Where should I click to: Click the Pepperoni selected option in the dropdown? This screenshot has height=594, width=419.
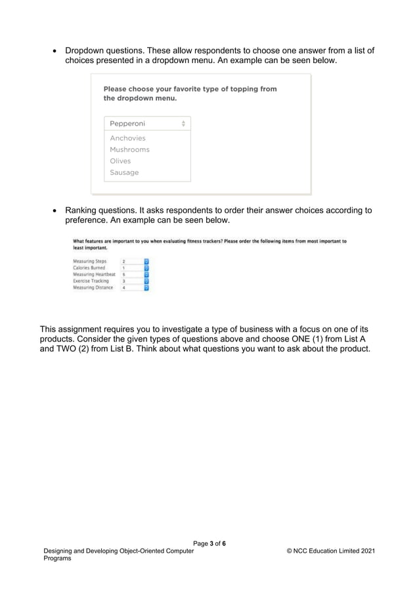pos(127,124)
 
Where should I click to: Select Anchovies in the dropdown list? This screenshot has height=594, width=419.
pos(127,138)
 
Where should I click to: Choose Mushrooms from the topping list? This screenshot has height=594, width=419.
pos(129,149)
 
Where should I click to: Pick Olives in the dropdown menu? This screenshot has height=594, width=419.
pos(120,161)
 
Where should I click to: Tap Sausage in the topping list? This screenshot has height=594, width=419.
pos(124,172)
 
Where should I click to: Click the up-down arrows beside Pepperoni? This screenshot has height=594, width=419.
pos(183,124)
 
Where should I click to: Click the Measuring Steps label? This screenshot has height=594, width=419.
pos(89,261)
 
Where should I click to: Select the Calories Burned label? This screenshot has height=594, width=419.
pos(89,268)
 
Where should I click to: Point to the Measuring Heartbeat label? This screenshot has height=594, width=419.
pos(94,274)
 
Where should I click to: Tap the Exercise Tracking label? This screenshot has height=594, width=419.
pos(91,281)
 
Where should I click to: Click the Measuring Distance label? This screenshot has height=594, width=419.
pos(93,287)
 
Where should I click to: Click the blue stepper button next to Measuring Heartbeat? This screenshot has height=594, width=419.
pos(146,274)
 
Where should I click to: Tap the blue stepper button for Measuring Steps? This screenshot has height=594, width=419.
pos(146,261)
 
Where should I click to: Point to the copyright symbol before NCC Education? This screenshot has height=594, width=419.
pos(290,551)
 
